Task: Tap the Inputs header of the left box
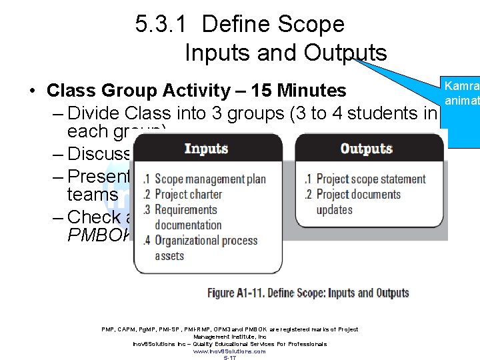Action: [x=206, y=148]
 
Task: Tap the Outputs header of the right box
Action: [x=365, y=148]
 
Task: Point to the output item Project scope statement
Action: [x=371, y=179]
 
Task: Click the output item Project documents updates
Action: [x=359, y=201]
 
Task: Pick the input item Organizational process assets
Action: [x=205, y=247]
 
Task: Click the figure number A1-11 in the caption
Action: [x=264, y=293]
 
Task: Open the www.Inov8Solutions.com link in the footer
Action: [x=229, y=351]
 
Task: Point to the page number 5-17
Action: [x=229, y=358]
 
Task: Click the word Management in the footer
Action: [x=209, y=337]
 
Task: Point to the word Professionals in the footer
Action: [x=305, y=344]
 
